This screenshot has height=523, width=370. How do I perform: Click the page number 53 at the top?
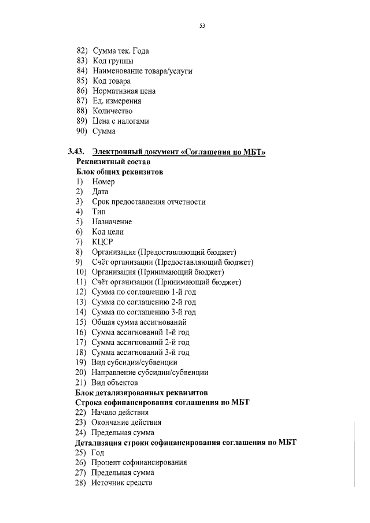click(202, 26)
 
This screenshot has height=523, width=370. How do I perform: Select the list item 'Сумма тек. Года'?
click(120, 51)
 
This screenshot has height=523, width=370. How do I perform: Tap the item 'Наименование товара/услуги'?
click(142, 71)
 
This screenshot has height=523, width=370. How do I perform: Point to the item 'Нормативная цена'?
click(123, 91)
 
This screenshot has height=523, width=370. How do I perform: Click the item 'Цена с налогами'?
click(120, 121)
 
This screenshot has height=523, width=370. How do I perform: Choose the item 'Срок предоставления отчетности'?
click(149, 202)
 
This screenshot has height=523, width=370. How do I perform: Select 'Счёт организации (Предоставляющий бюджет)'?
click(172, 262)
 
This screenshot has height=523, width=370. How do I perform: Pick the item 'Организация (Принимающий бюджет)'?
click(158, 272)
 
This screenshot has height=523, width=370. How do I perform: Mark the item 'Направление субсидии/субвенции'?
click(150, 372)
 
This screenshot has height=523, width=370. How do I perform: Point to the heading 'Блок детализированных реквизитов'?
click(142, 392)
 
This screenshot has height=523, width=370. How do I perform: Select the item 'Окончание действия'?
click(126, 422)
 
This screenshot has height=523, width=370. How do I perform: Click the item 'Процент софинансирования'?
click(139, 462)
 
